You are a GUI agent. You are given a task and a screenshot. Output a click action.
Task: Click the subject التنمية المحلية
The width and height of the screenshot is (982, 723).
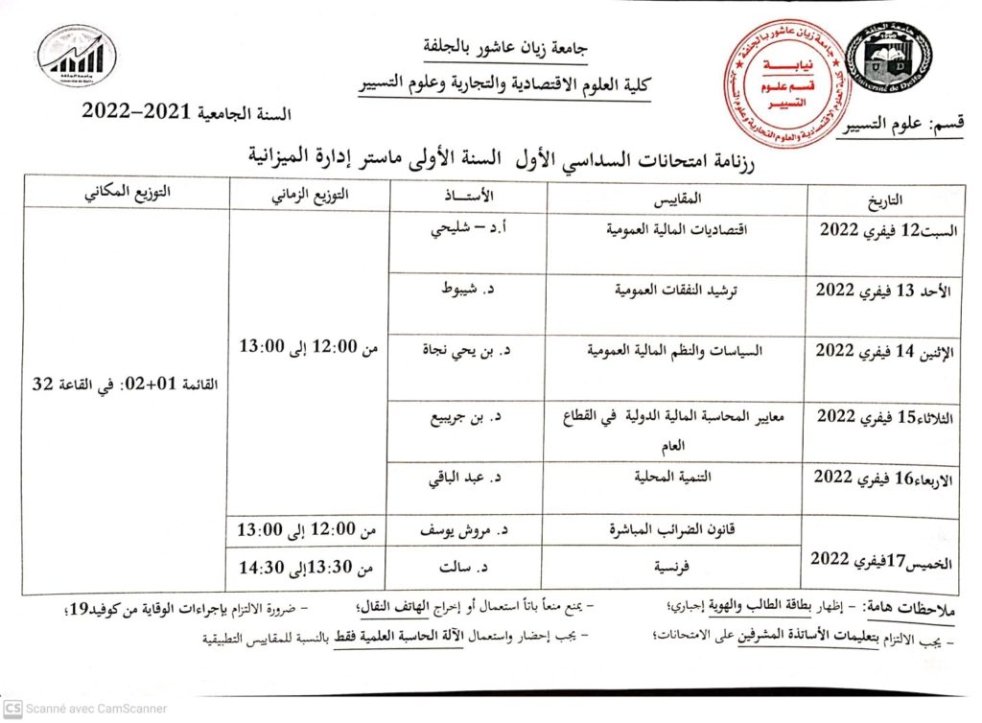[677, 477]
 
